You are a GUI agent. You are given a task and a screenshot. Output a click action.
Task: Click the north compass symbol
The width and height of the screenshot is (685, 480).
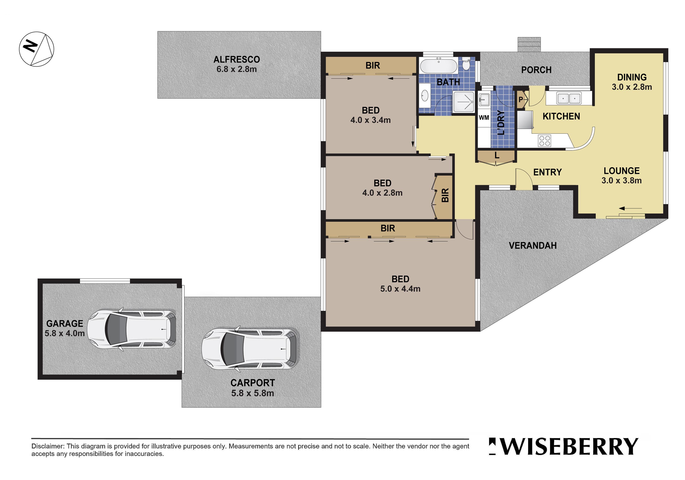coord(36,49)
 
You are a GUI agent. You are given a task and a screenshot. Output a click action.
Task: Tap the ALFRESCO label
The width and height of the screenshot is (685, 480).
coord(237,59)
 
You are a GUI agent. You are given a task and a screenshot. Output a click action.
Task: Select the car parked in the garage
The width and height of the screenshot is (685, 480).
coord(132,329)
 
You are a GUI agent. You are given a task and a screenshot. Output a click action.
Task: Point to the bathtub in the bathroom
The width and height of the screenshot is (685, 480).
coord(438,66)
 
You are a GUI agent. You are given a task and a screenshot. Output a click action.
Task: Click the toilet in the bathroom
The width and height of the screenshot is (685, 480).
coord(466,64)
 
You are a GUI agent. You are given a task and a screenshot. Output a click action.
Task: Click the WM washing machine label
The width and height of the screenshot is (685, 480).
coord(484,118)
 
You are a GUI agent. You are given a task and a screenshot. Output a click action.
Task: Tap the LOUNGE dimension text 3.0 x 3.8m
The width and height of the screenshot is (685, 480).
coord(621,180)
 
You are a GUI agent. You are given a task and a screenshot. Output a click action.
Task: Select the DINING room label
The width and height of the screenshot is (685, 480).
coord(632,77)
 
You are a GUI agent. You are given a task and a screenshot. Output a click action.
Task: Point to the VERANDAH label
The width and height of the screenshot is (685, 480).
coord(533,245)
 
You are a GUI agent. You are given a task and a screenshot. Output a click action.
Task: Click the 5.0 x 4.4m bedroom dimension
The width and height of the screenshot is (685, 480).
coord(400,289)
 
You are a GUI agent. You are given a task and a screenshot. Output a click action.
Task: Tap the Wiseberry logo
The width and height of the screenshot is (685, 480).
coord(563,446)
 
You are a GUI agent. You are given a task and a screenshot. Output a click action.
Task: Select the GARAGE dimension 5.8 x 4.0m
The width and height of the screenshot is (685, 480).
coord(64,333)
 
